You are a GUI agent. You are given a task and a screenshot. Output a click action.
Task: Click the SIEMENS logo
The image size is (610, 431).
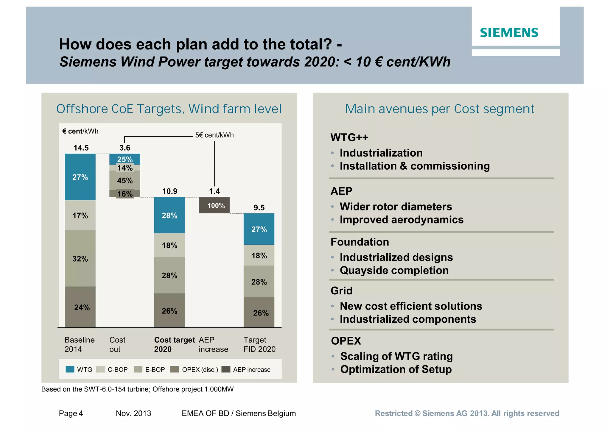pos(509,32)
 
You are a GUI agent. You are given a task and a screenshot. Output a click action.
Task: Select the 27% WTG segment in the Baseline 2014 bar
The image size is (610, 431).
pos(80,177)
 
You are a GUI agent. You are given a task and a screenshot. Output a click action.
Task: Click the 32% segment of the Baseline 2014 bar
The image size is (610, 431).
pos(80,258)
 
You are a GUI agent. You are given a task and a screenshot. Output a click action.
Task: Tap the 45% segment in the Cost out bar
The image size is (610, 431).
pos(125,180)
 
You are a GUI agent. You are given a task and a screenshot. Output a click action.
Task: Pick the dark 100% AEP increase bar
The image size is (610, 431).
pos(214,205)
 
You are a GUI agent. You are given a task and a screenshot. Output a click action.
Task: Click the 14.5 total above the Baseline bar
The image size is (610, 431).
pos(81,148)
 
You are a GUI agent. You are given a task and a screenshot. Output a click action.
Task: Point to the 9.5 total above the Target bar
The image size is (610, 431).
pos(259,207)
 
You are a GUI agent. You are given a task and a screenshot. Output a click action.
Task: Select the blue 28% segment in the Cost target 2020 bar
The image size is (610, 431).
pos(169,215)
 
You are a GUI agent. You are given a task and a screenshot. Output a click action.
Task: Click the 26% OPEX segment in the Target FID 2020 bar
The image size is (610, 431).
pos(259,313)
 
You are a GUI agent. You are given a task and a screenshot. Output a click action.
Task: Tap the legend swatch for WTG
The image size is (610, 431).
pos(70,369)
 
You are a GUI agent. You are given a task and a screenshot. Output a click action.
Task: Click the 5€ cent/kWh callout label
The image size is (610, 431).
pos(214,135)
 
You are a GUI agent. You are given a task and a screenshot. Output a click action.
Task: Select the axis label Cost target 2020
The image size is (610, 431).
pos(174,344)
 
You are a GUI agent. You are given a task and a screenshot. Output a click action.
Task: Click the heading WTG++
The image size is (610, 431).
pos(349,138)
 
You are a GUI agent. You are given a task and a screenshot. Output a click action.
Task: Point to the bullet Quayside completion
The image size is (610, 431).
pos(394,270)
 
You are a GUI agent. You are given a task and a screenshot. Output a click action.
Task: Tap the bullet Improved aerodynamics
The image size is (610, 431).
pos(401,220)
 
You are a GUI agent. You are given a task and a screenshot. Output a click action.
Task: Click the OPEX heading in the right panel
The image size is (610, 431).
pos(346,341)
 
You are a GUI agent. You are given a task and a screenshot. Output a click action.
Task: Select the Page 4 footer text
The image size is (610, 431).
pos(71,413)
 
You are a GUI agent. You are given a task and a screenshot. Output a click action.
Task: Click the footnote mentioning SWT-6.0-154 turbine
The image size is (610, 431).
pos(137,389)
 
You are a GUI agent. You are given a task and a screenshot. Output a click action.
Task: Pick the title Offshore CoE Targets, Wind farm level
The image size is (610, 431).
pos(169,109)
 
